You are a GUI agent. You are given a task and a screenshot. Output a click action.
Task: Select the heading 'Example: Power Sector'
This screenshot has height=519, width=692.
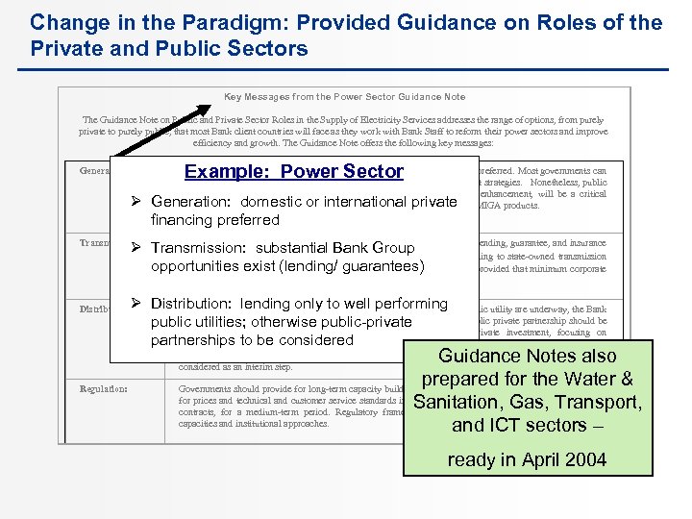[294, 172]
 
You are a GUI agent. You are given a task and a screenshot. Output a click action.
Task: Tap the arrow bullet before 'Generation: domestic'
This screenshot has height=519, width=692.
[136, 202]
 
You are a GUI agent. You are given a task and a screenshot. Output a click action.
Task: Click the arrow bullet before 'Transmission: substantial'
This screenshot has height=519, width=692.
[136, 247]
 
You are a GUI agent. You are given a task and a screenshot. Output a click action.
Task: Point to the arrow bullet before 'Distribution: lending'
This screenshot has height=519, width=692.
[136, 304]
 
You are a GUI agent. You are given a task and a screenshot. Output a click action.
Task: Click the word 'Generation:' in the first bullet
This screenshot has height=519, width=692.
[192, 202]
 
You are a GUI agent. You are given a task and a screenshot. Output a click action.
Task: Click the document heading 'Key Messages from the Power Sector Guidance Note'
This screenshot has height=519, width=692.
[344, 96]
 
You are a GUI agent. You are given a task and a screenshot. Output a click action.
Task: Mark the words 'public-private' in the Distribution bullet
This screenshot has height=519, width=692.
[357, 322]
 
